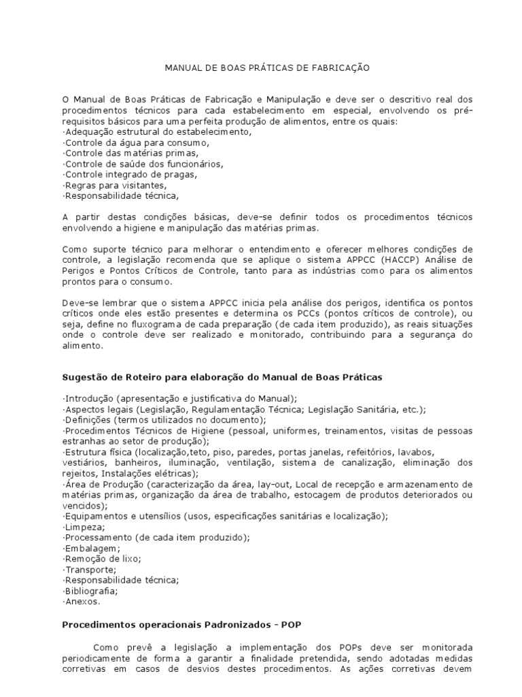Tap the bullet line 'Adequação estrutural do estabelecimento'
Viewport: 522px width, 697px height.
click(156, 132)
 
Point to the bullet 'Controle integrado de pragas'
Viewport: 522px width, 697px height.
click(130, 174)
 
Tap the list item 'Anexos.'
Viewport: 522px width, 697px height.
click(82, 602)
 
